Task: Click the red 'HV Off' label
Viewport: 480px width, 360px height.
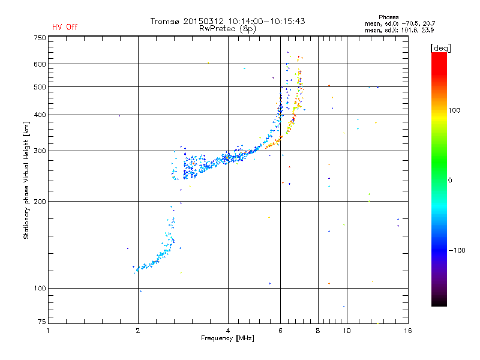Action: click(x=65, y=27)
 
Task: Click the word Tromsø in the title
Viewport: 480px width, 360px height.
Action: click(x=166, y=21)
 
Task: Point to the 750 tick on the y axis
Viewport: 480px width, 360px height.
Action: click(x=40, y=38)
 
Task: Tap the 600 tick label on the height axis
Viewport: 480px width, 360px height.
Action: click(x=40, y=64)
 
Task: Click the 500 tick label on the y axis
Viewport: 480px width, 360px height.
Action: click(x=40, y=87)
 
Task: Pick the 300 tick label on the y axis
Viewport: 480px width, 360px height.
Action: click(x=40, y=151)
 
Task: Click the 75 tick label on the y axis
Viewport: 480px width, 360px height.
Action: click(x=41, y=324)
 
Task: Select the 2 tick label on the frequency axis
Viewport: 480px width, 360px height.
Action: click(x=138, y=331)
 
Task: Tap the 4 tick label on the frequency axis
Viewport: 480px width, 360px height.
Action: click(x=228, y=331)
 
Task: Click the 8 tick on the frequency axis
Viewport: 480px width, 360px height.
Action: click(x=318, y=331)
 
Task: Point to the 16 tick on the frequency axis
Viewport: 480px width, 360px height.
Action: click(x=407, y=331)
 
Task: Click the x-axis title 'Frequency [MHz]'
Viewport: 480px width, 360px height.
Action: click(x=227, y=338)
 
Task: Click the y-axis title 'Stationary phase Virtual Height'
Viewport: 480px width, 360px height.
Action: click(x=26, y=180)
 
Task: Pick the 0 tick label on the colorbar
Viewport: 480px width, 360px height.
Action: click(x=451, y=180)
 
